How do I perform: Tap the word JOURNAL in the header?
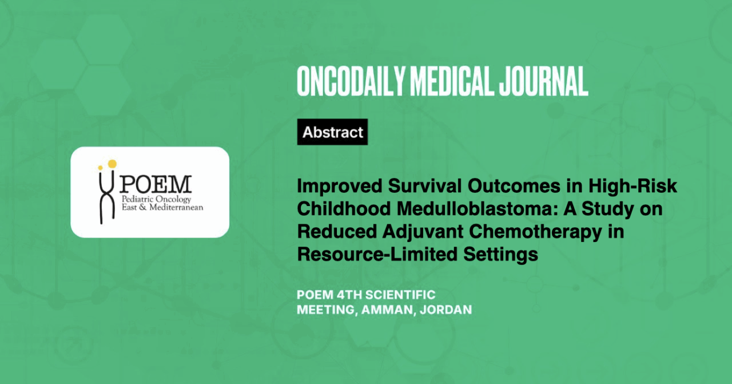[543, 81]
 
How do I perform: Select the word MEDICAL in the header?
[451, 81]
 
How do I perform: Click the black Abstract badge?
[332, 132]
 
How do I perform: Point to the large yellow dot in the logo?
[112, 164]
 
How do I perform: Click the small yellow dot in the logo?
[100, 168]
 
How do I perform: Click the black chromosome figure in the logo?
[107, 197]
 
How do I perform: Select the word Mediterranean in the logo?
[176, 207]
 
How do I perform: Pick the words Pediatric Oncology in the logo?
[156, 199]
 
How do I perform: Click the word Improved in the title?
[340, 186]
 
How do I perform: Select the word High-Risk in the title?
[632, 186]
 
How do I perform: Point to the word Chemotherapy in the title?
[536, 232]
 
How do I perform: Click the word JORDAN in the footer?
[445, 310]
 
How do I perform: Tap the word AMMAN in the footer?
[385, 310]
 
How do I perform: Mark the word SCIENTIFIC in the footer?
[400, 295]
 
